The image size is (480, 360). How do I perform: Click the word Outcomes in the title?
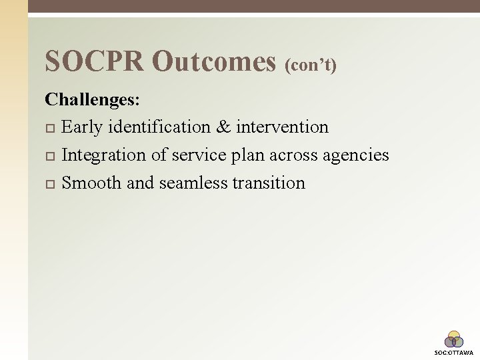(x=213, y=61)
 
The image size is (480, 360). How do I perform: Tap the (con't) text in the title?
(x=311, y=65)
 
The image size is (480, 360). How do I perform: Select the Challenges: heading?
(x=93, y=99)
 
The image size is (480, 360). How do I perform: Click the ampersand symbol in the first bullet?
(x=225, y=127)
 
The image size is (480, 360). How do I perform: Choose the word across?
(x=293, y=155)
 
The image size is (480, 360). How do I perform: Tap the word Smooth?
(x=91, y=183)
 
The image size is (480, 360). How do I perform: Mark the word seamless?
(x=193, y=183)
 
